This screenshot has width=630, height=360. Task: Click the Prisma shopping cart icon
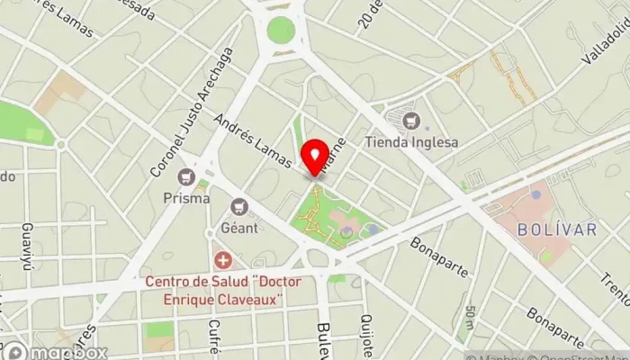click(188, 176)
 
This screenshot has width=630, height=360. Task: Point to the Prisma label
click(188, 197)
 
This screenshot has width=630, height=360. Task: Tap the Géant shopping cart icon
click(238, 206)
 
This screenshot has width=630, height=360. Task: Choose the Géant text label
click(238, 227)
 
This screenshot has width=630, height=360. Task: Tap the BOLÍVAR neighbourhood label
click(558, 230)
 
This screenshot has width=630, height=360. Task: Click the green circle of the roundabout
click(281, 30)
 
